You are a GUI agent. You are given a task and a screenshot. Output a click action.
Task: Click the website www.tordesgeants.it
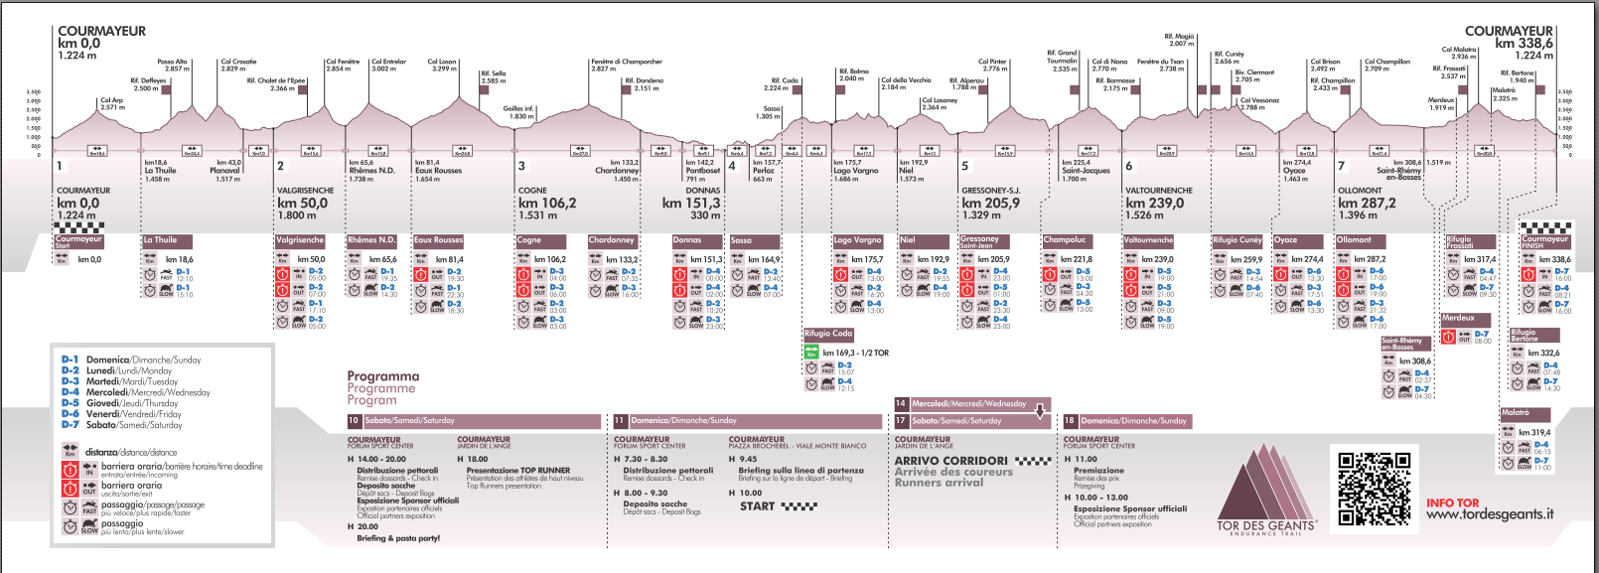click(1490, 514)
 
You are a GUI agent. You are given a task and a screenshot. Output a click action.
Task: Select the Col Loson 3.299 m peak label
click(442, 65)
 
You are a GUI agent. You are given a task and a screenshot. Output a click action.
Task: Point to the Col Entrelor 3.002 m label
click(388, 65)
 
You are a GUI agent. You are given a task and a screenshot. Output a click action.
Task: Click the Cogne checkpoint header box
click(540, 240)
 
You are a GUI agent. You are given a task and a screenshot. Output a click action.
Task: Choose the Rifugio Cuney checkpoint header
click(1237, 240)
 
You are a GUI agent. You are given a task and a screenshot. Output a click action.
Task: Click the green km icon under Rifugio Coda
click(811, 352)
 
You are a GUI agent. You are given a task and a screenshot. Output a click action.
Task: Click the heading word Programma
click(383, 376)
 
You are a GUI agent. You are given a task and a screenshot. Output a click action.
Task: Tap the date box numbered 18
click(1070, 421)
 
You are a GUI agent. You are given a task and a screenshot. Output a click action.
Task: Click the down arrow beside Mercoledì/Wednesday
click(1040, 409)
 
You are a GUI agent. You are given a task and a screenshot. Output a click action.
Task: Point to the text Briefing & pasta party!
click(398, 538)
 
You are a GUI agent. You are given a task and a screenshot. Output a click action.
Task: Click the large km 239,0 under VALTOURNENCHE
click(1154, 203)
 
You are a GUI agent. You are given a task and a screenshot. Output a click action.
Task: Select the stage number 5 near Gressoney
click(965, 166)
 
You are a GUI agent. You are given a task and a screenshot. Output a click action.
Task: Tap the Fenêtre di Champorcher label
click(626, 65)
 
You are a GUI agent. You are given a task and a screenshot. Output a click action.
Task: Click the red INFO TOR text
click(1452, 502)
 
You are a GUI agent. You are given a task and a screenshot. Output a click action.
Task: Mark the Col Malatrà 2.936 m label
click(1458, 53)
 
